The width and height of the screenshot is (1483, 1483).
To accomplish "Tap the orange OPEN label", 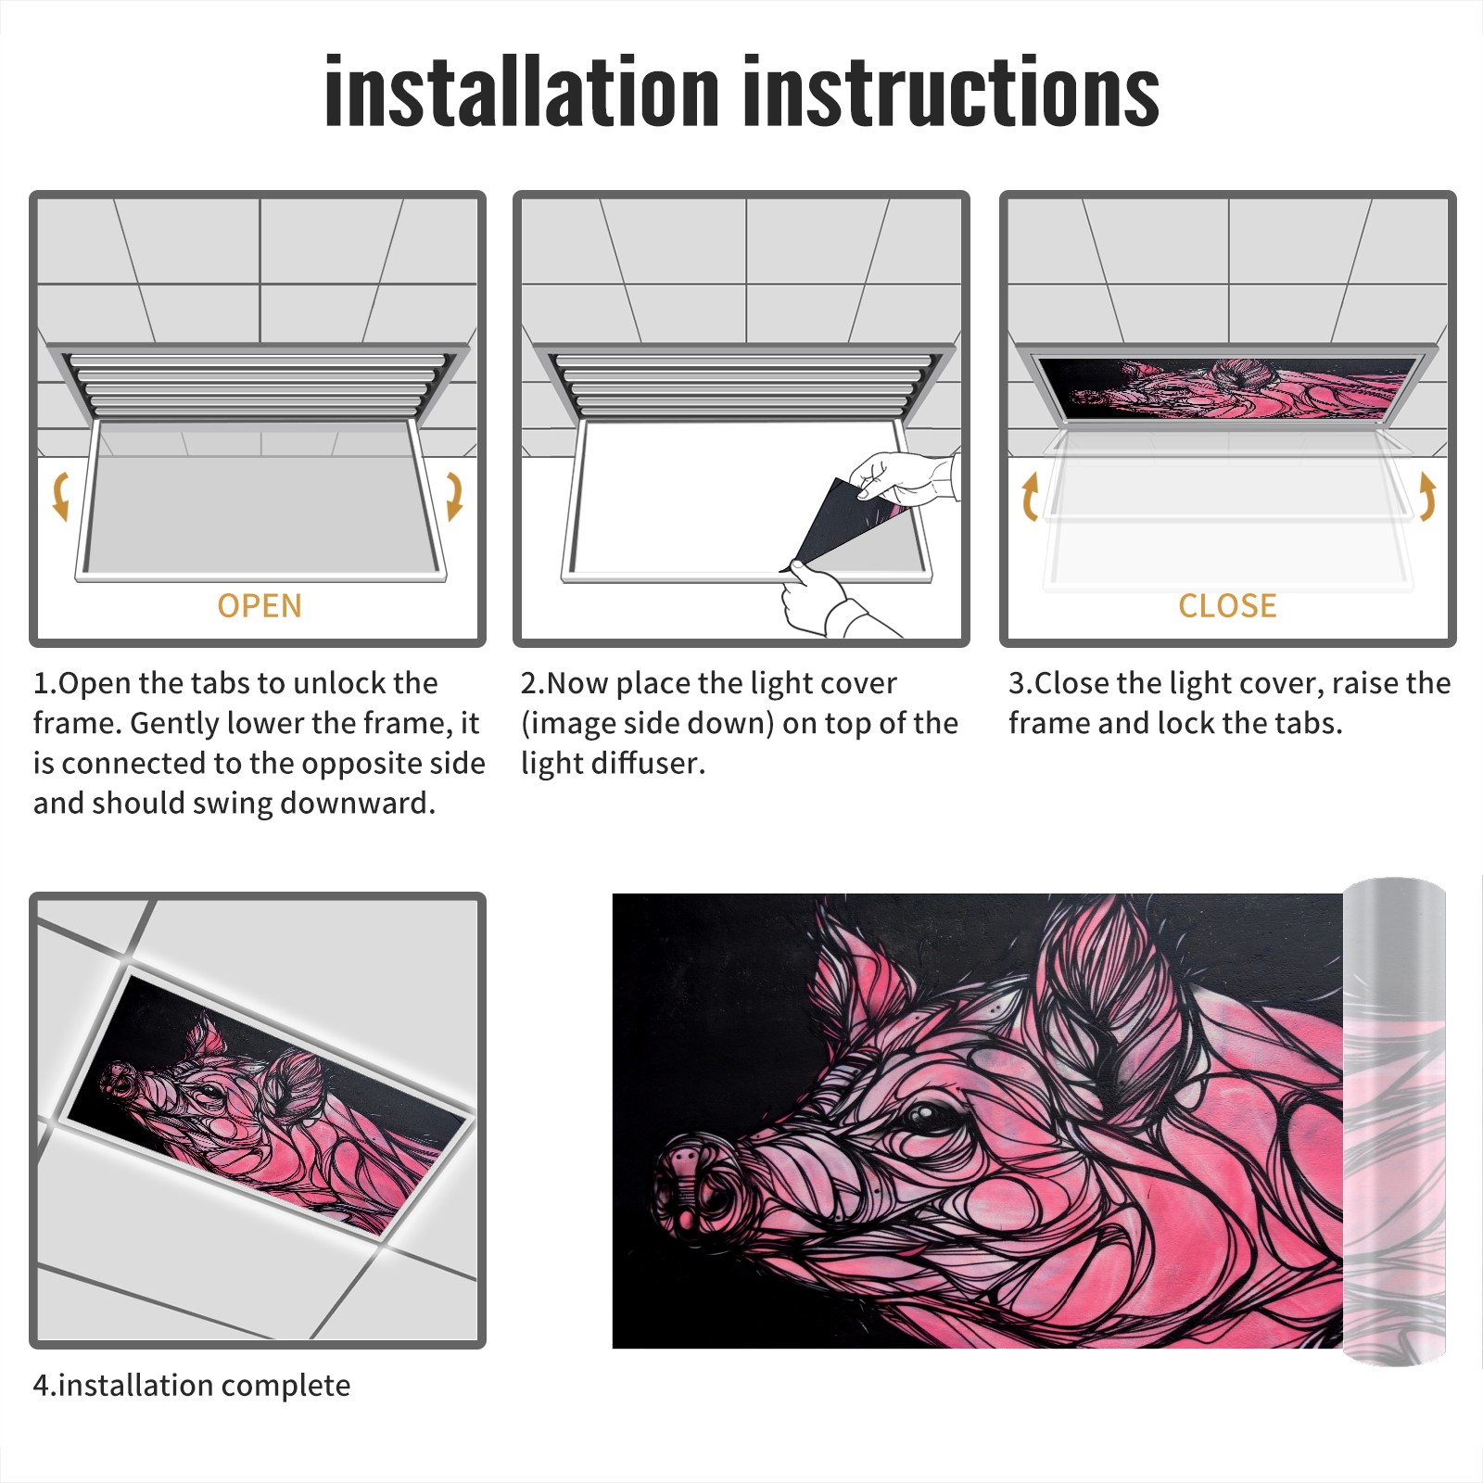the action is (260, 605).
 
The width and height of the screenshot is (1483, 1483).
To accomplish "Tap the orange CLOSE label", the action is (1227, 605).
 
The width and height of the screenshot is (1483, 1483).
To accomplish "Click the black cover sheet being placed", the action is (839, 528).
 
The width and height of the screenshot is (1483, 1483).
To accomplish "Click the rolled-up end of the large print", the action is (1394, 1122).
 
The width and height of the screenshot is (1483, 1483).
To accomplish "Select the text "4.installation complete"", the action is (192, 1386).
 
